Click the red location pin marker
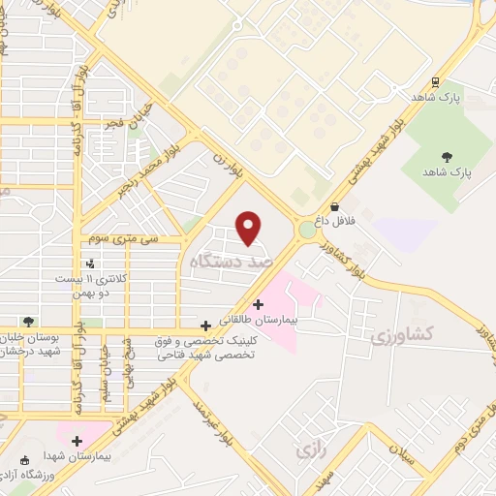tap(250, 228)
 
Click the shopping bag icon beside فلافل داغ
tap(334, 206)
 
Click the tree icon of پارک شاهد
tap(447, 156)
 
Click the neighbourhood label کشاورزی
tap(399, 334)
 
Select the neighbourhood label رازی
tap(309, 451)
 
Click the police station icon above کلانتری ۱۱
tap(90, 263)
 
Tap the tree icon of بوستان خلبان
tap(28, 322)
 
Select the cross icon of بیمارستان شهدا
tap(77, 441)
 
